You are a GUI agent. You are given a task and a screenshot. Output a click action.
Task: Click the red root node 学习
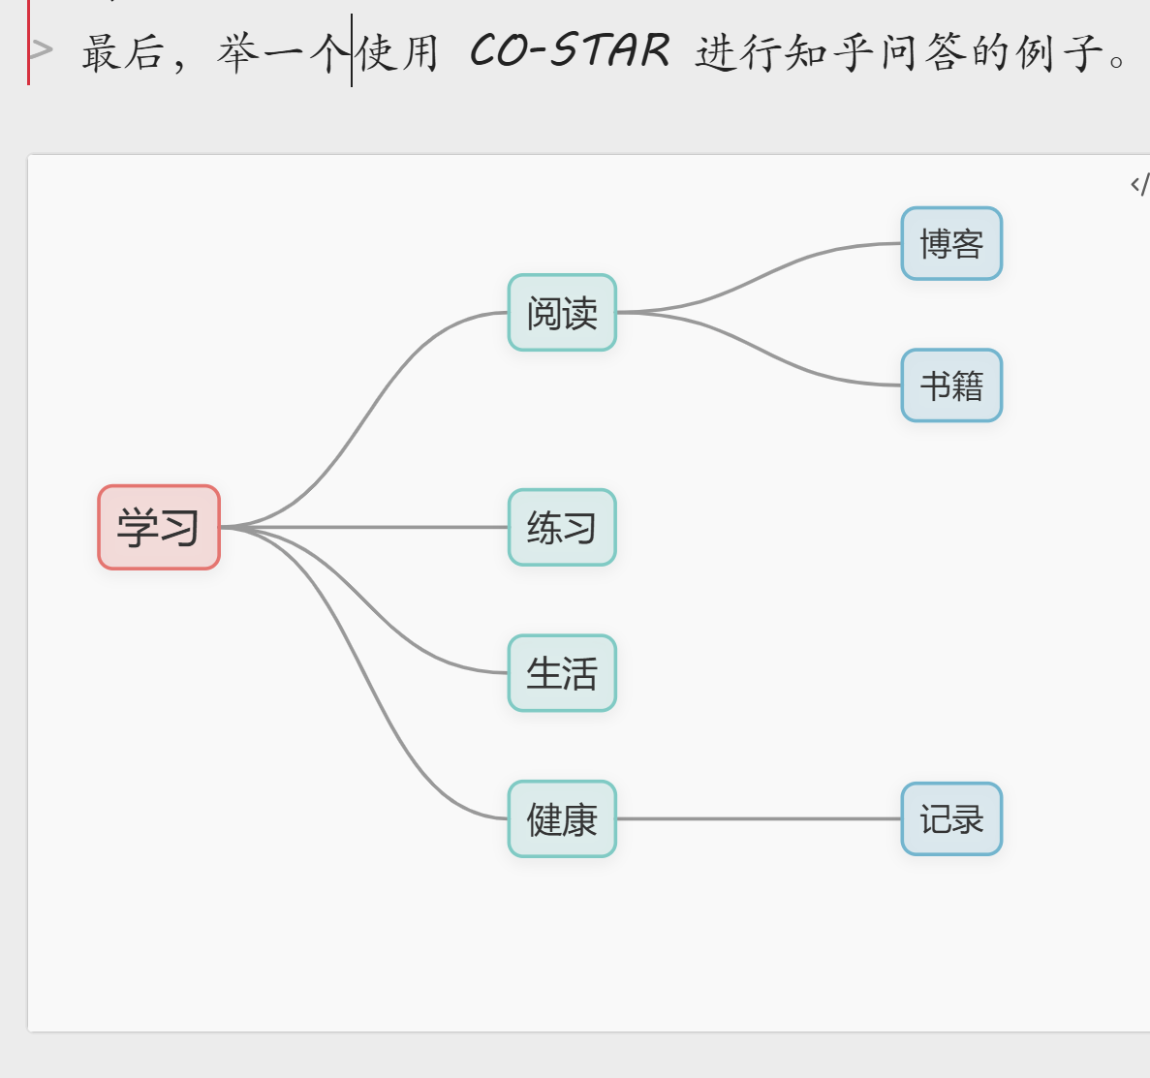(x=159, y=527)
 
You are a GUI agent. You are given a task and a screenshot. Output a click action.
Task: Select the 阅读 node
(x=562, y=313)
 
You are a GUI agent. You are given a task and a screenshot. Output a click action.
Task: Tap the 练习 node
(x=562, y=528)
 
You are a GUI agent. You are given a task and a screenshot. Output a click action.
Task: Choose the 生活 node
(x=562, y=673)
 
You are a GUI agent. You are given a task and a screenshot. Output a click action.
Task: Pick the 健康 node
(x=562, y=819)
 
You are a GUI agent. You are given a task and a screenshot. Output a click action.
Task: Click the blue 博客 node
(x=951, y=244)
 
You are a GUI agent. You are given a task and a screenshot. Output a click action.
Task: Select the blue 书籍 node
(x=951, y=385)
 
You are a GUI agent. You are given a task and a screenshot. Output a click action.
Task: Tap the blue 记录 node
(x=951, y=819)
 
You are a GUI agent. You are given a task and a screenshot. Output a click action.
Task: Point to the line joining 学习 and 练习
(x=368, y=527)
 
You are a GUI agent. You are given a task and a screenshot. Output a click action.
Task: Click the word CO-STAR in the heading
(x=570, y=51)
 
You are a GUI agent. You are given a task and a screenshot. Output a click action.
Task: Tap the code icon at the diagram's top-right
(x=1139, y=184)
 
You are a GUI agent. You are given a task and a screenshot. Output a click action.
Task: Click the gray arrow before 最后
(x=42, y=48)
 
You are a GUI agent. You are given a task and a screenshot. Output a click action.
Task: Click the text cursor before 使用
(x=352, y=51)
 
